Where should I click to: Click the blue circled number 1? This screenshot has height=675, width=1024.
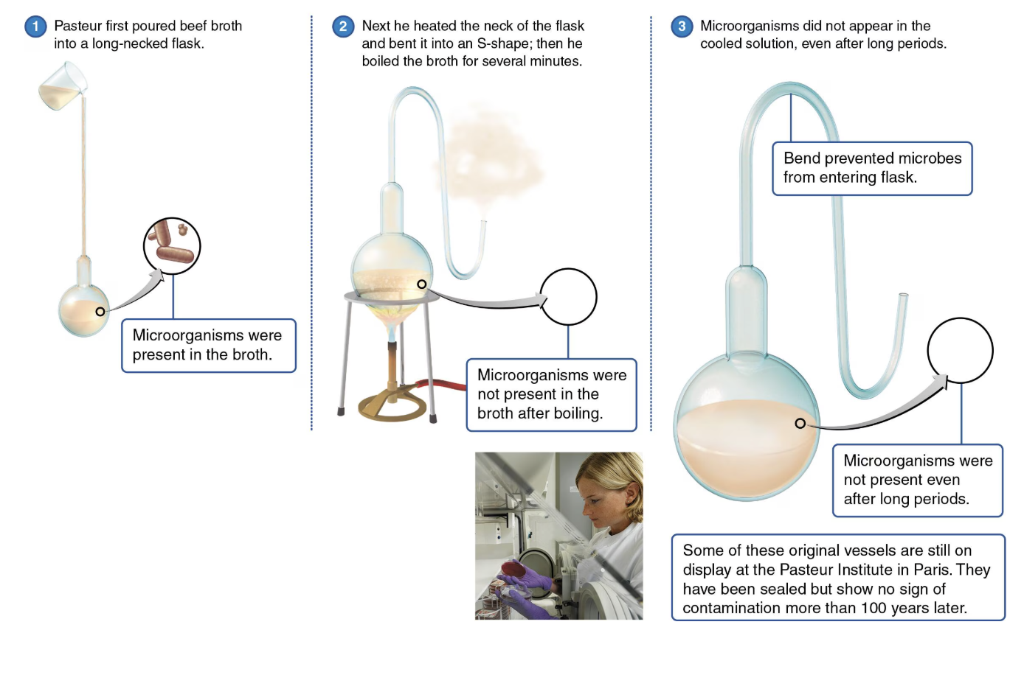[x=35, y=27]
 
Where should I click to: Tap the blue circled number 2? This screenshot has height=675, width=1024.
[x=342, y=27]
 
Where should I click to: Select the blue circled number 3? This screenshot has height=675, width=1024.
[x=681, y=27]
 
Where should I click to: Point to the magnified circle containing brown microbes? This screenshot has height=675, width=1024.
[x=172, y=245]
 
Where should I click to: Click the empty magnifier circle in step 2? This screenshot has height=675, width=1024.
[x=568, y=296]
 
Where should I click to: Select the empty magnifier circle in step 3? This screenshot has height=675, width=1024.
[x=960, y=350]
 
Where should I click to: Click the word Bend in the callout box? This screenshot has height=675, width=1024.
[x=801, y=158]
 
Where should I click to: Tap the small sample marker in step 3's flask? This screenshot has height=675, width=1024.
[x=800, y=423]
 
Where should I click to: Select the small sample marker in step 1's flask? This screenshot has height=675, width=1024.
[x=100, y=312]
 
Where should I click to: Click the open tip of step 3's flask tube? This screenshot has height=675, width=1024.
[x=903, y=295]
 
